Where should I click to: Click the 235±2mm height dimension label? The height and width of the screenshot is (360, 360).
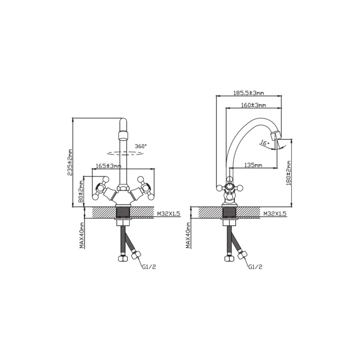coord(70,162)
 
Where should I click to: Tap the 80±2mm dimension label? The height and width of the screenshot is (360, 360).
coord(81,191)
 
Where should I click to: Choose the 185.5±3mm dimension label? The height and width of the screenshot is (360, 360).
coord(248,93)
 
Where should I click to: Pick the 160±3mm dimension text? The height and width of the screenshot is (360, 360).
coord(253,105)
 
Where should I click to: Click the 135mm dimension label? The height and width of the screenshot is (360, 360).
coord(253,165)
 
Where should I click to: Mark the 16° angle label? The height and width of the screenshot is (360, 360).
coord(265,143)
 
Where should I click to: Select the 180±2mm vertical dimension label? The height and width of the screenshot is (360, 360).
coord(288,173)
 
